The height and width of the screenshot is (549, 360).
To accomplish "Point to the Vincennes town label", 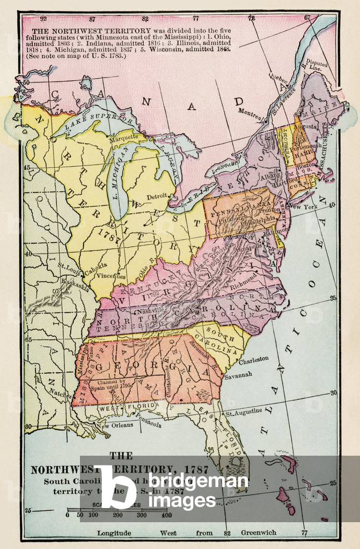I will (x=112, y=277).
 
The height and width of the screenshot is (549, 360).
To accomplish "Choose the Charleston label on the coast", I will (x=253, y=360).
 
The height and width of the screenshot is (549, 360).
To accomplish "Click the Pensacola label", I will (x=148, y=424).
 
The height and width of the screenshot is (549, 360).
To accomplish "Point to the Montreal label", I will (x=250, y=114).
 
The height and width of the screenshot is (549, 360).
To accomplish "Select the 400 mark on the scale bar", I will (x=166, y=515).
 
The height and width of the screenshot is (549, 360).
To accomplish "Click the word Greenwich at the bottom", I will (x=259, y=533).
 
